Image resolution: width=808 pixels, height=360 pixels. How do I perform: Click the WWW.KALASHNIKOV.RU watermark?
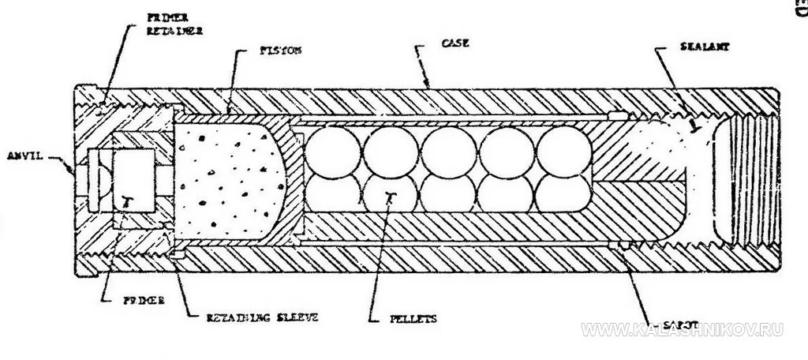[x=683, y=329]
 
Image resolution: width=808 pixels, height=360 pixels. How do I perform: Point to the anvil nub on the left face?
[x=73, y=168]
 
